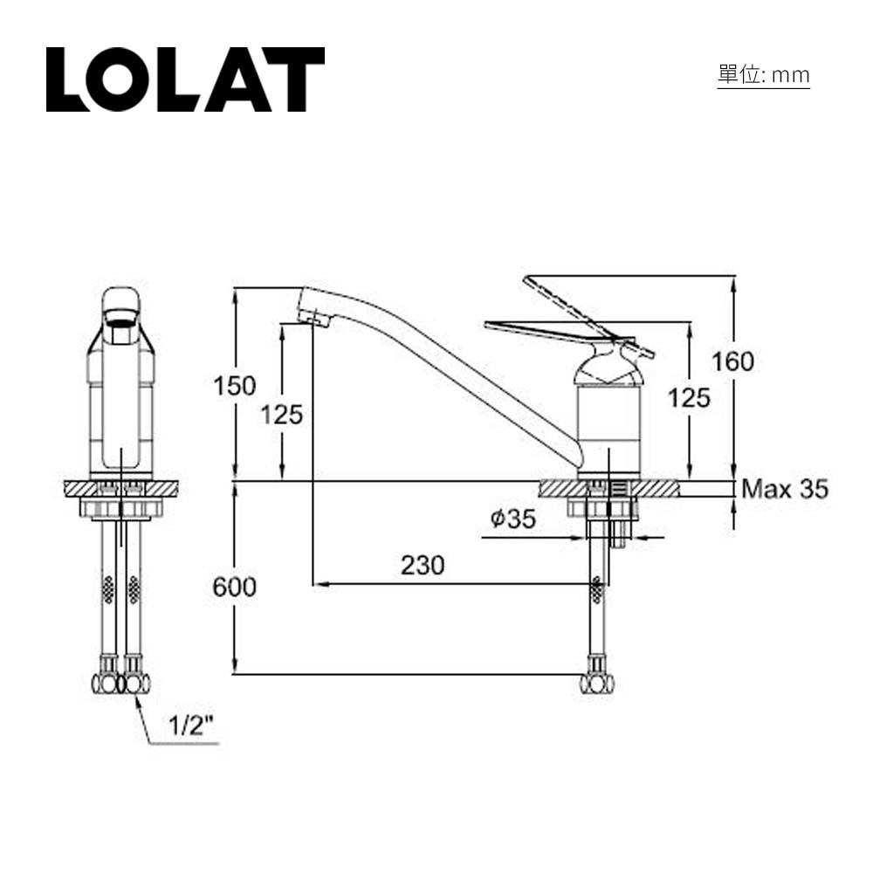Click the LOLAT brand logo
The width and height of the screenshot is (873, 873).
pos(185,79)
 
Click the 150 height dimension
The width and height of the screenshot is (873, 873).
pos(235,385)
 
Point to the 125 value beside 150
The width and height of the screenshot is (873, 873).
pos(281,415)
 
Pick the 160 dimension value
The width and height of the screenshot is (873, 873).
pos(732,361)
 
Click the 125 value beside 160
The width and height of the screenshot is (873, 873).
pos(689,398)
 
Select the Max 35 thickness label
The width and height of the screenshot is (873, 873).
pos(784,489)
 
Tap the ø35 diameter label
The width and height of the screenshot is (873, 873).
pos(512,519)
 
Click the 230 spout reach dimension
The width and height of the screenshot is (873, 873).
pos(423,566)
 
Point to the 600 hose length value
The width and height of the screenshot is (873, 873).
pos(235,588)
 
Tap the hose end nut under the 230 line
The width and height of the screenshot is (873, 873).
pos(597,684)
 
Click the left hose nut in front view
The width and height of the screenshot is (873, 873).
pos(106,683)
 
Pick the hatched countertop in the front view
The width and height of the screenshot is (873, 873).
pos(121,488)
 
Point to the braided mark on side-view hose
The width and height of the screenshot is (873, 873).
pos(597,590)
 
